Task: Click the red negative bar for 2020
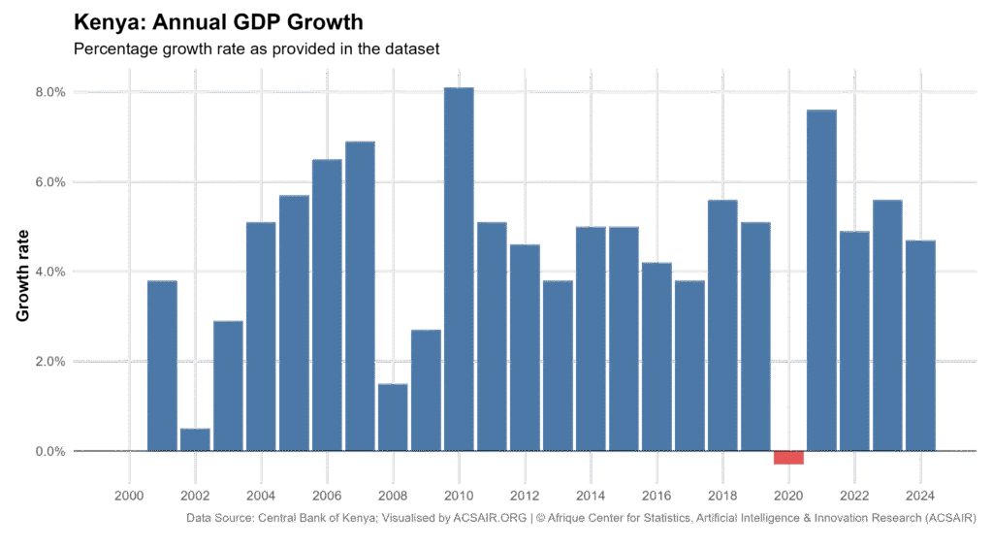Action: [788, 458]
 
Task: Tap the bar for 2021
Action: [821, 280]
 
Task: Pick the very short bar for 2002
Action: [195, 440]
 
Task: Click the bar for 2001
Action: [162, 366]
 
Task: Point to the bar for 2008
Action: [393, 418]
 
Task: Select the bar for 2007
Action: [360, 296]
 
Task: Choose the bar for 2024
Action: [920, 345]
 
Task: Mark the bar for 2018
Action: [722, 325]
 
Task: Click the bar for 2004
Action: [261, 337]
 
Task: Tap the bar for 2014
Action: [591, 338]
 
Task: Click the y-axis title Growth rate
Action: [23, 275]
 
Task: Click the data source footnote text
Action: [580, 519]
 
